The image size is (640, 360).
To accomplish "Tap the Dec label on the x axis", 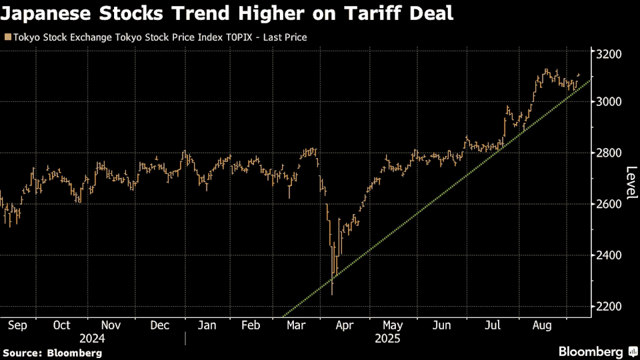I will point(160,326).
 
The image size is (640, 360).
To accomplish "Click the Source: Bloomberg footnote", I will point(53,352).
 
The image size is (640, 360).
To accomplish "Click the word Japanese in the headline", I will point(47,13).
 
